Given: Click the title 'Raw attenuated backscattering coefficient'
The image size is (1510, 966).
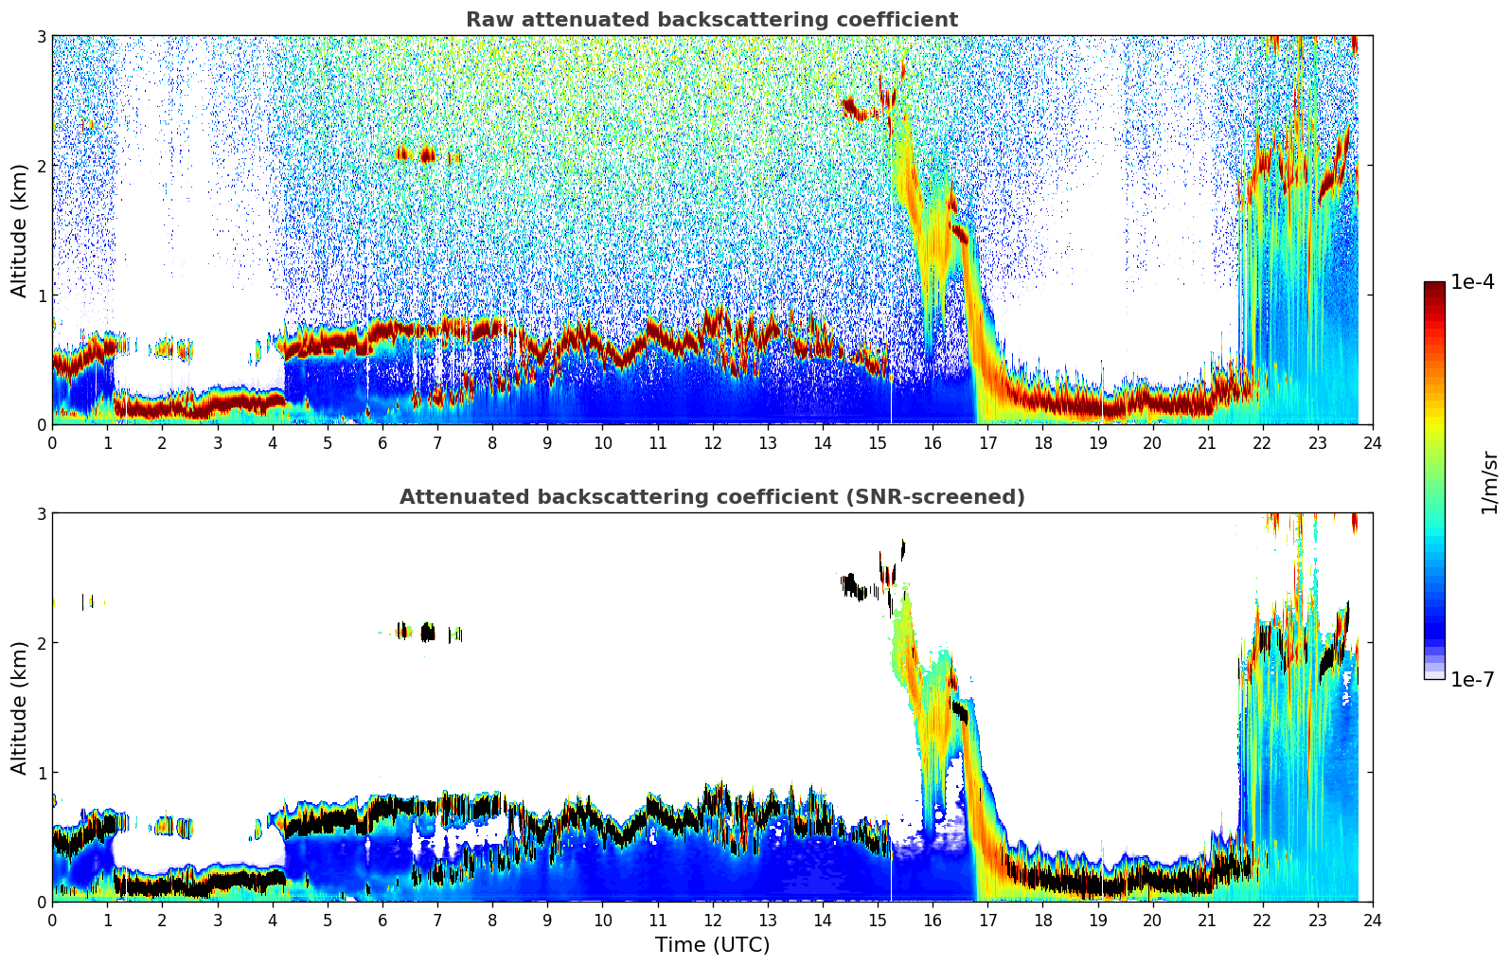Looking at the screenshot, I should coord(712,20).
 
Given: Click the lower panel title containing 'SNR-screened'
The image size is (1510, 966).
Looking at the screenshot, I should coord(712,497).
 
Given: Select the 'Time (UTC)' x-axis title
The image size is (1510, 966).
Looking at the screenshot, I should coord(712,945).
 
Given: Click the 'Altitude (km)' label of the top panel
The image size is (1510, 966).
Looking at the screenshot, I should coord(20,230).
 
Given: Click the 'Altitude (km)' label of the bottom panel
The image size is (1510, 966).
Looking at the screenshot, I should coord(20,707).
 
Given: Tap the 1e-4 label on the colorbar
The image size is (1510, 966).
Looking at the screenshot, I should coord(1472,282).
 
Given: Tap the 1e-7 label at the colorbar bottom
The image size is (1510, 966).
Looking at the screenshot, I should coord(1472,679).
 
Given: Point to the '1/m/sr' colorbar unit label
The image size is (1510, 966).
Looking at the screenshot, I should coord(1489,483).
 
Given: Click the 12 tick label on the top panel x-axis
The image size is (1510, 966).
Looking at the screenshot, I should coord(712,442).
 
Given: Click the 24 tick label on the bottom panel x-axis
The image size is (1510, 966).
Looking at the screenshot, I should coord(1372,920).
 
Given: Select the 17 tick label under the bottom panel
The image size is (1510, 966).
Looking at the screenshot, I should coord(987,920).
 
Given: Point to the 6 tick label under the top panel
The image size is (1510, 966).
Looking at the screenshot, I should coord(382,442).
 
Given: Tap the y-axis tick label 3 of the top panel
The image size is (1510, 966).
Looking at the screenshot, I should coord(41,36).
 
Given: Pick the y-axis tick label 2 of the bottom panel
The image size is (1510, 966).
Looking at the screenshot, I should coord(41,643).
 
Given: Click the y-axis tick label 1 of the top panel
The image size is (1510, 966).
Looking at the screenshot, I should coord(41,295).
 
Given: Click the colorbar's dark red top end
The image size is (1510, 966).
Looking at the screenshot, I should coord(1433,286).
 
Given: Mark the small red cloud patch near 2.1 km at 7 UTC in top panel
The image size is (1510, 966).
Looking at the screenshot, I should coord(427,154).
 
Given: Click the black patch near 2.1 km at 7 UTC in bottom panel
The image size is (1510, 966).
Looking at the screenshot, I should coord(427,632).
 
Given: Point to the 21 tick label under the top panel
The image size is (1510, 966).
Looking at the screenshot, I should coord(1207,442).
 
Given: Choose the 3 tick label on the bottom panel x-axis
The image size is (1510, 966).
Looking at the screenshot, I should coord(217,920).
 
